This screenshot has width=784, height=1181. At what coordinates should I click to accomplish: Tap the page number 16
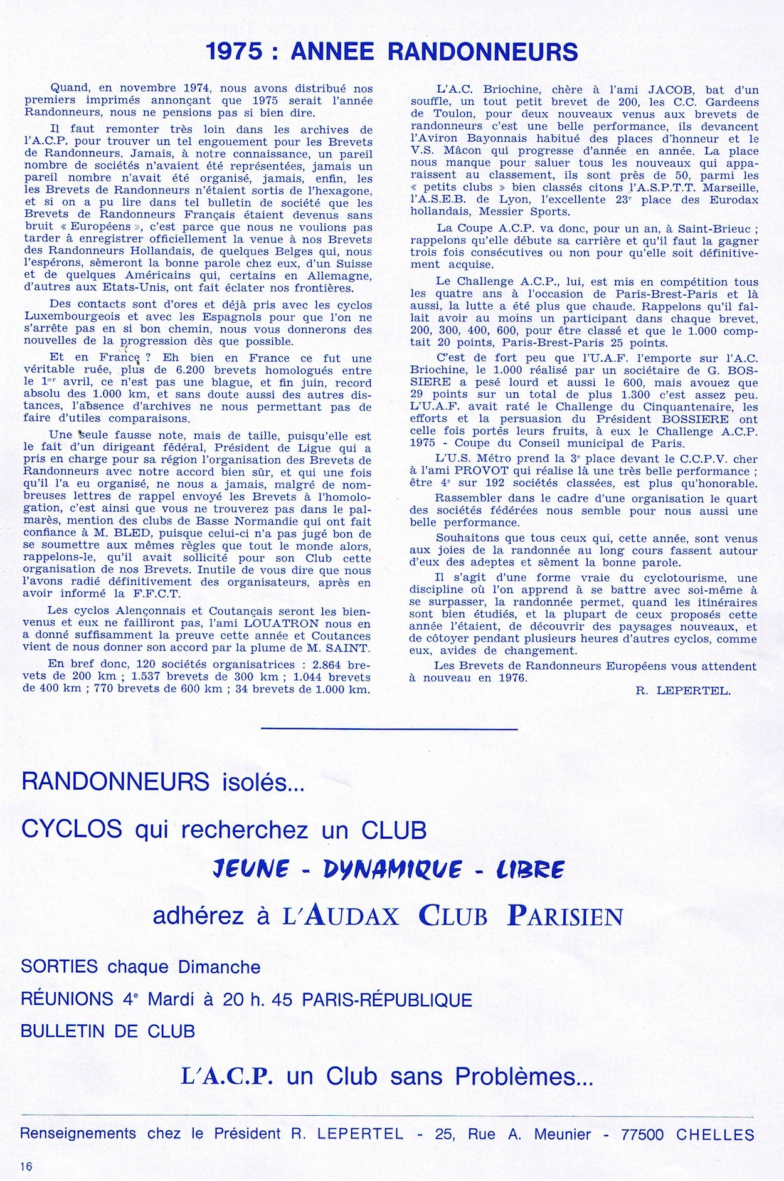tap(26, 1166)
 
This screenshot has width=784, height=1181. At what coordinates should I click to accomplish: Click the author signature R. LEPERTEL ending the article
tap(683, 691)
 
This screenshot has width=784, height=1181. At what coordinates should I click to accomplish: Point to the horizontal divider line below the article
tap(389, 729)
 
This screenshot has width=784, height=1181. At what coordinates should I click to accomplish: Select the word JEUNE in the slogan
tap(251, 869)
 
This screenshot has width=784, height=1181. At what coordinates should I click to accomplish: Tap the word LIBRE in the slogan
tap(530, 869)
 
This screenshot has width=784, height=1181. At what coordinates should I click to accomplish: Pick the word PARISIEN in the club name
tap(565, 916)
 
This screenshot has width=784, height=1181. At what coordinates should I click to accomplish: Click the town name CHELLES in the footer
tap(716, 1135)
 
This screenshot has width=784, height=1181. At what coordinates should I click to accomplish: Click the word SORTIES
tap(59, 967)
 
